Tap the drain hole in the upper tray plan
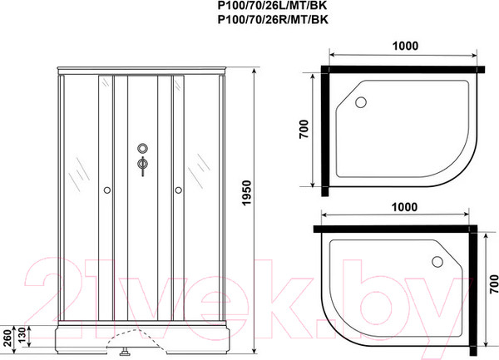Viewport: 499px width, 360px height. pos(360,101)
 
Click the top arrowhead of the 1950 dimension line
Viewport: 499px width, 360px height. pos(251,67)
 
